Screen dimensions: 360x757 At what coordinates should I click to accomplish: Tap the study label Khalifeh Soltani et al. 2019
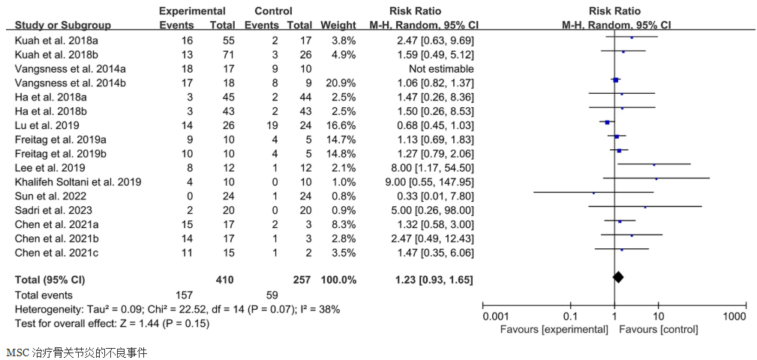click(x=77, y=181)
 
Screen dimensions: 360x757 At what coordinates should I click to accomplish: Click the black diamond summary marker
click(x=619, y=277)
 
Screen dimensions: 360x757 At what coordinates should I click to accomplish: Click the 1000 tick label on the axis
click(x=734, y=315)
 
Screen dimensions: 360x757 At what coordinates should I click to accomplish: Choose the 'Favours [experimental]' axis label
click(x=554, y=329)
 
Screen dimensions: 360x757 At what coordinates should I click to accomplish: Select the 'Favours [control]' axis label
click(x=659, y=329)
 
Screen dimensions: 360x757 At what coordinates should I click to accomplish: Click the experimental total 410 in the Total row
click(x=223, y=279)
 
